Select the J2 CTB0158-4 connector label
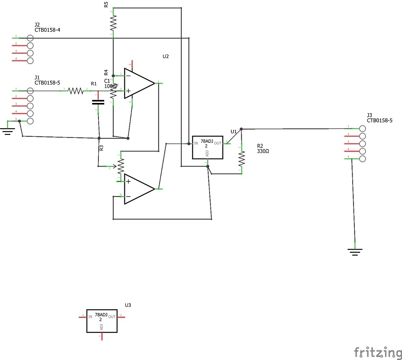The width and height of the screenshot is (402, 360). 47,27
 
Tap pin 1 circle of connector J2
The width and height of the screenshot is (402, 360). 30,37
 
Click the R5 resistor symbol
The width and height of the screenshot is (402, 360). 113,23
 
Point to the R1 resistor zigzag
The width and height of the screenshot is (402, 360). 76,91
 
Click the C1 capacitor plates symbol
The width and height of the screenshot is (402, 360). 98,102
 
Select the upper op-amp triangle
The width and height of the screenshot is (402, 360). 139,83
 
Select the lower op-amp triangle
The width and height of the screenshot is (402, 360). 139,189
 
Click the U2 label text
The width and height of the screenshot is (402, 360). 166,57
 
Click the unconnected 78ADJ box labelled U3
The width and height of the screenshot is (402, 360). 102,320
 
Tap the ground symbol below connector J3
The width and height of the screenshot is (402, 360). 355,252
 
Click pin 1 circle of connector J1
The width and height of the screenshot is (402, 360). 30,91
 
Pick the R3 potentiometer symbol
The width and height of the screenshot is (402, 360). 120,166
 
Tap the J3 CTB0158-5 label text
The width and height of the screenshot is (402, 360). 379,118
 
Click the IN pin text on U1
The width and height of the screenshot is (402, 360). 196,143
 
